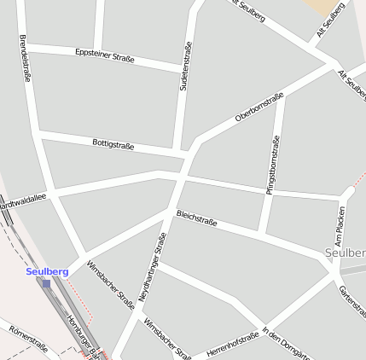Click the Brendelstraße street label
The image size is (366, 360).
pos(25,58)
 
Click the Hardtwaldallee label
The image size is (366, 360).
pos(22,201)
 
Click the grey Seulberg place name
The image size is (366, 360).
pos(345,253)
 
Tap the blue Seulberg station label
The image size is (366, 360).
pos(47,271)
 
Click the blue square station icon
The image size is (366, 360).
pos(46,283)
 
